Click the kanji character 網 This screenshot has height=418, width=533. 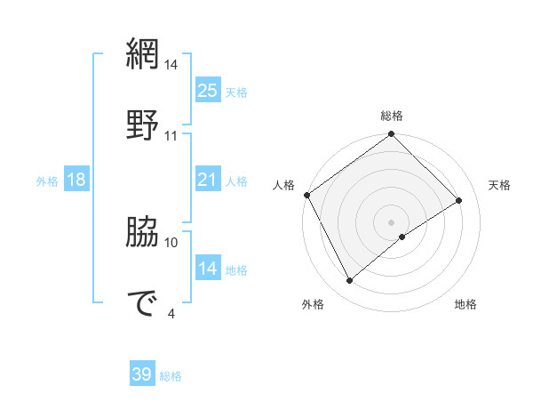[x=142, y=56]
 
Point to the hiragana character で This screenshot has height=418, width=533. [x=142, y=303]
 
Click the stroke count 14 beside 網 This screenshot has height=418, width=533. [x=171, y=65]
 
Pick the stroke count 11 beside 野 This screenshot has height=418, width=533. [x=171, y=136]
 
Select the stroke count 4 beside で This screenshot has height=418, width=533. [x=171, y=313]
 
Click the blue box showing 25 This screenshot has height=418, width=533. [x=207, y=90]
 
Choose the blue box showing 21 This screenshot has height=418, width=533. [x=207, y=180]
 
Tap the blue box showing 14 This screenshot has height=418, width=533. [x=207, y=269]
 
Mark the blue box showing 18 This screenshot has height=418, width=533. [x=76, y=180]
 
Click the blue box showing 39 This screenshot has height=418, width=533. [x=142, y=374]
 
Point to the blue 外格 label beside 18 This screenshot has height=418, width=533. [x=47, y=181]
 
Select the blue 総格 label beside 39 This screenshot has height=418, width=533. [x=171, y=376]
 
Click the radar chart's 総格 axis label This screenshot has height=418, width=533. [x=391, y=117]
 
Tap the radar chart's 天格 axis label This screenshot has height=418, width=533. [x=499, y=185]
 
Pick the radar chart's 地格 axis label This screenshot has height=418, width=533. [x=465, y=305]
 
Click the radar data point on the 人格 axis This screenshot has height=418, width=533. [x=306, y=195]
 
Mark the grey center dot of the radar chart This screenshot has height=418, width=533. [x=391, y=221]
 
